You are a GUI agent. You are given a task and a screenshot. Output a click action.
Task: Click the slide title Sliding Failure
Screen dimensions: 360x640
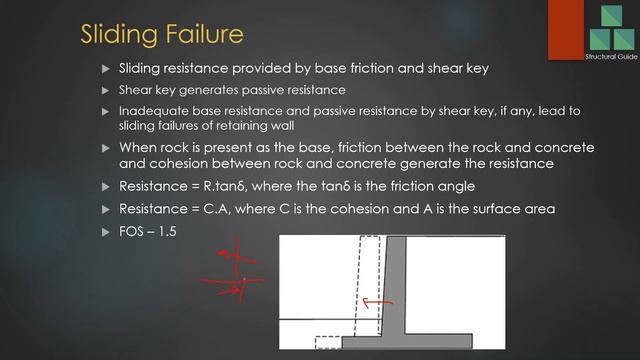161,34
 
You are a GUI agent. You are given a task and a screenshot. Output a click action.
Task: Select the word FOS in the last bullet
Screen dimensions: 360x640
132,232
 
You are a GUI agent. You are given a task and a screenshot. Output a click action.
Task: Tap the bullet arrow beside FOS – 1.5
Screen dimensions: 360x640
106,232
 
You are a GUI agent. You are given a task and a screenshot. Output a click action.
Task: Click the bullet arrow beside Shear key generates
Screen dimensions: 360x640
106,90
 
